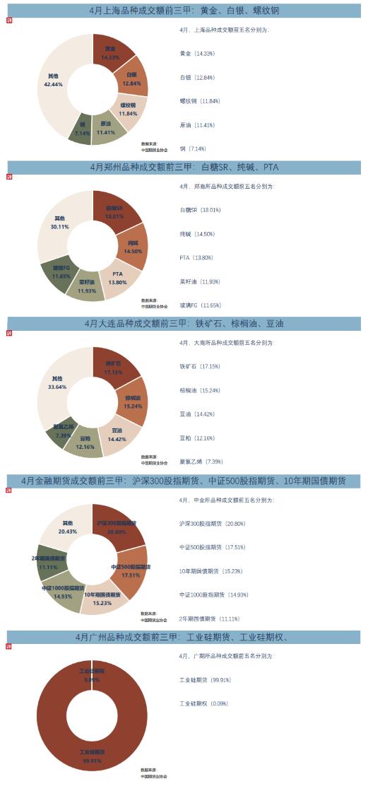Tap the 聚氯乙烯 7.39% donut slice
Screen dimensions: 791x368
tap(63, 431)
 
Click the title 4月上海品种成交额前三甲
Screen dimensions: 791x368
tap(184, 12)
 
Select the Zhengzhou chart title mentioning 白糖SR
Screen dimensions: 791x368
tap(184, 168)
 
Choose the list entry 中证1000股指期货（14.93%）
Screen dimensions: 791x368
tap(212, 594)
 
